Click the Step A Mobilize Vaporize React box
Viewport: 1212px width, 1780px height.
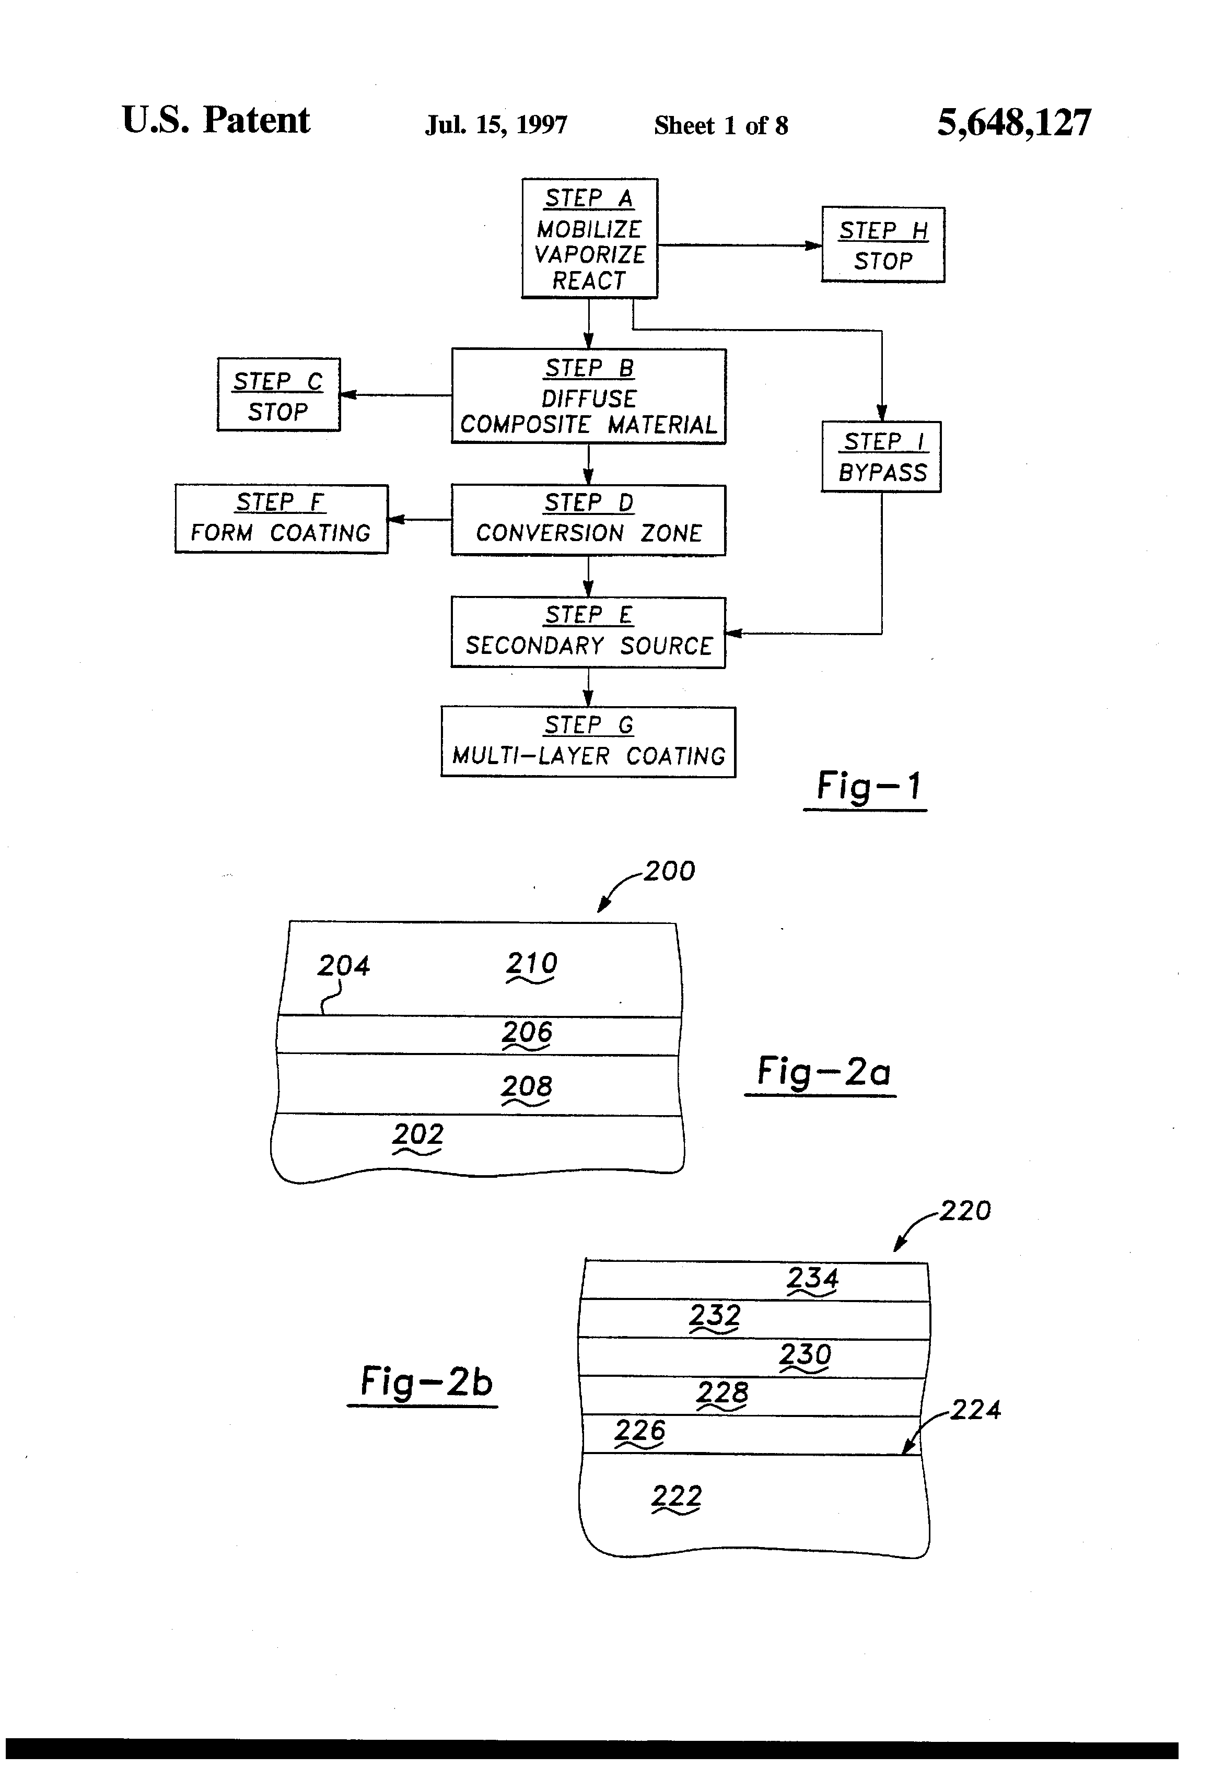click(589, 238)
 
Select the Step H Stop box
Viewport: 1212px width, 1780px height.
click(882, 245)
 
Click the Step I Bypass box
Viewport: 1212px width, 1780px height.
click(881, 456)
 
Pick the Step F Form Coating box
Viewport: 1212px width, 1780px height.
click(281, 519)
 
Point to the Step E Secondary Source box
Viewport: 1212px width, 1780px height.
click(588, 632)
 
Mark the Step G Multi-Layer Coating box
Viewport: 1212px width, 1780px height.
click(588, 742)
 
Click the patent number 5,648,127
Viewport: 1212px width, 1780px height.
click(1013, 123)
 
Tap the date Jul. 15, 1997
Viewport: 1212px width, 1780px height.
click(496, 125)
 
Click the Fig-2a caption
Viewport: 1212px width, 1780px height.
click(823, 1072)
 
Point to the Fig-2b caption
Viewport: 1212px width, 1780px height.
click(426, 1381)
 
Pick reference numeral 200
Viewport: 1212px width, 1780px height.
click(669, 871)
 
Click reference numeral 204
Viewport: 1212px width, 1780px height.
click(343, 965)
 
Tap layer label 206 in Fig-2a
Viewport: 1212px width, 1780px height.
click(527, 1033)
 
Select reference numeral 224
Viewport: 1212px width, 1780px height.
click(975, 1409)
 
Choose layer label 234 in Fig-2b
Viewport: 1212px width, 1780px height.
click(812, 1278)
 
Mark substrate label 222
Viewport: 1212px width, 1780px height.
click(677, 1496)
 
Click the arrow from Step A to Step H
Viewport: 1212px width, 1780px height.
click(739, 245)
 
